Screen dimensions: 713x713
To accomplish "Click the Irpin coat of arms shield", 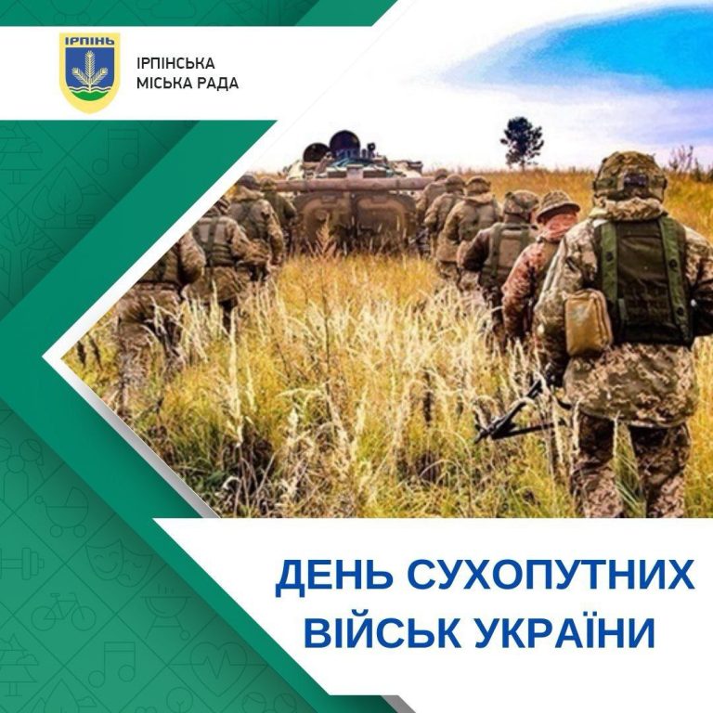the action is (x=89, y=71).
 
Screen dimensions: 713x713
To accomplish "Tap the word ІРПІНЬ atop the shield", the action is (x=89, y=41).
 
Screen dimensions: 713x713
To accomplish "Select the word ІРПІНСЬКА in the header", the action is (x=175, y=63).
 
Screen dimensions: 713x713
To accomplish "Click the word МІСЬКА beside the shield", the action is (x=161, y=84).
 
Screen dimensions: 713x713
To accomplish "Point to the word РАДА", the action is (x=214, y=84).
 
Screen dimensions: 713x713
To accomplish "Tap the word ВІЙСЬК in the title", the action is (x=382, y=632).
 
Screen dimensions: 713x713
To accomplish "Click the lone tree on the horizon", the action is (x=522, y=142).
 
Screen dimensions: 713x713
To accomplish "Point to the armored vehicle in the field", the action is (x=353, y=192).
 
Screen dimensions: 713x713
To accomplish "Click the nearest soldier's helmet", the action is (x=629, y=176).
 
